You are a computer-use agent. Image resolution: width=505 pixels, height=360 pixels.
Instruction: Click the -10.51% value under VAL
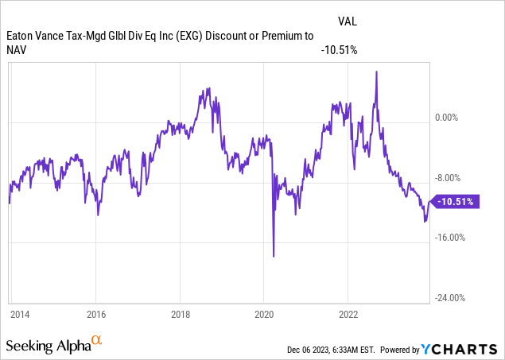coord(338,50)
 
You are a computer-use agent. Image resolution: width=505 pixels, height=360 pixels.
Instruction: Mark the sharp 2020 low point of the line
coord(274,256)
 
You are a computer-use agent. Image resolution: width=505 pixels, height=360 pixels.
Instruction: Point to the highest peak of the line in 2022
coord(375,72)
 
